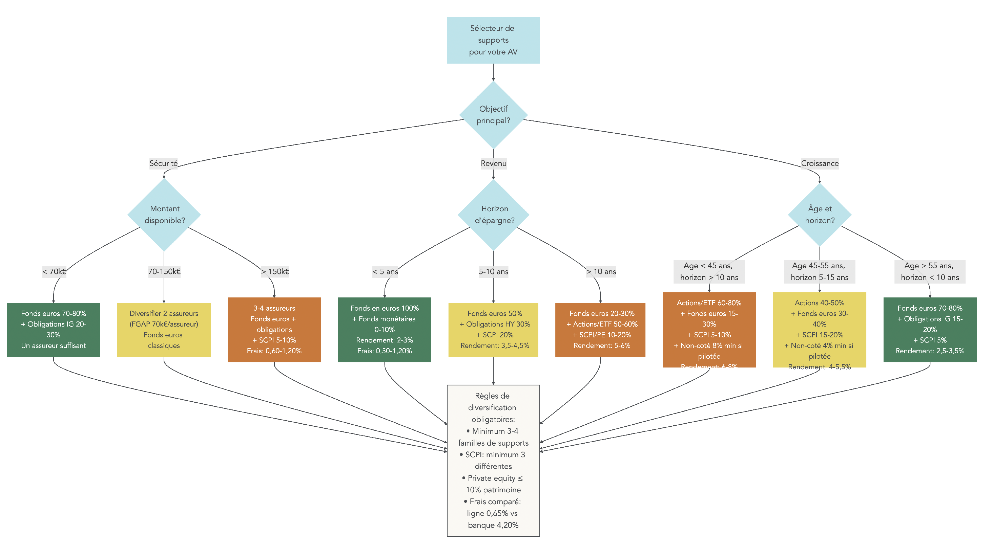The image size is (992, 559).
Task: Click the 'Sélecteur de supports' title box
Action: (x=493, y=40)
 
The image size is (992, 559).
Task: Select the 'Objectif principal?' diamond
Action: (x=493, y=115)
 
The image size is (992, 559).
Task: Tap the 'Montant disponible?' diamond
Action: (x=164, y=215)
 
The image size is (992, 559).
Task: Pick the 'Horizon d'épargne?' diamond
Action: (x=494, y=215)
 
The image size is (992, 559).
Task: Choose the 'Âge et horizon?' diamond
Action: (x=820, y=215)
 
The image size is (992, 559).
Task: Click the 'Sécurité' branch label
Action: (x=163, y=163)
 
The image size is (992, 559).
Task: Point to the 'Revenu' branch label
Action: (x=493, y=163)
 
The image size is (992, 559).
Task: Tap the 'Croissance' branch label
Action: (x=820, y=163)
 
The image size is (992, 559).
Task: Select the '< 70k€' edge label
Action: (x=54, y=272)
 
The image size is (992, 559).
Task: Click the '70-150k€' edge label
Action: (x=164, y=272)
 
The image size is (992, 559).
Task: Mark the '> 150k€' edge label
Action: (x=275, y=272)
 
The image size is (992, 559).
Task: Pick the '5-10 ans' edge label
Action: (x=493, y=272)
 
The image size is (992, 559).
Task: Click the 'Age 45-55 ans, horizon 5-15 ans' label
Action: (x=820, y=272)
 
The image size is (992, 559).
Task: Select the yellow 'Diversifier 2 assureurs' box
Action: (x=164, y=330)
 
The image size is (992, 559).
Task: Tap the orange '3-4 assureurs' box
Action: (x=274, y=330)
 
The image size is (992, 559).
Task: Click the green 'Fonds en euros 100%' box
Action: (x=384, y=330)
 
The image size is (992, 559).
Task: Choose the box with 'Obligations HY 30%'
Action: (x=493, y=330)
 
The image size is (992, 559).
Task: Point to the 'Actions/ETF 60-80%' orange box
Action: (x=709, y=330)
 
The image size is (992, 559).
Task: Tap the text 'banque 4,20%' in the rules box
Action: (x=493, y=525)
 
